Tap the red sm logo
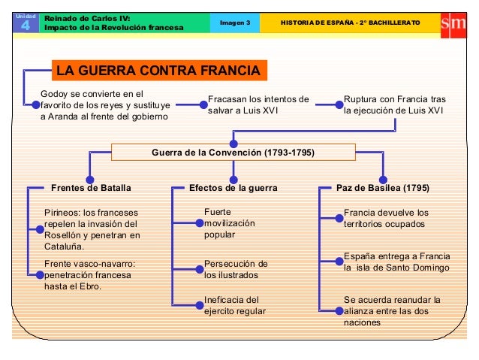[453, 23]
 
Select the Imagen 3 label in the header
[235, 23]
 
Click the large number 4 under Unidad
[23, 28]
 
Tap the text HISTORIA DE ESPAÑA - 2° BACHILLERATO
[350, 23]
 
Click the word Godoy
[55, 94]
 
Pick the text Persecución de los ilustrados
[236, 269]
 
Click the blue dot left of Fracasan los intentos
[202, 106]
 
